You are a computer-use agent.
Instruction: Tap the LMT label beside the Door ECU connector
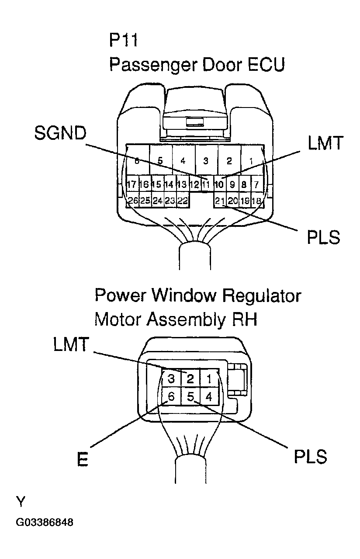[x=325, y=143]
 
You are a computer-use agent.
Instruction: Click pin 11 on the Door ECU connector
[x=206, y=184]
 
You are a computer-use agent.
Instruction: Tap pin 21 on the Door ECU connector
[x=220, y=200]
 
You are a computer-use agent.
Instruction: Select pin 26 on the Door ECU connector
[x=133, y=200]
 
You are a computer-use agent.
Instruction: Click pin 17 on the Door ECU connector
[x=132, y=184]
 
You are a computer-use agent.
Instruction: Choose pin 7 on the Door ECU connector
[x=257, y=184]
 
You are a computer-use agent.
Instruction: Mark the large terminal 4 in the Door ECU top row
[x=183, y=161]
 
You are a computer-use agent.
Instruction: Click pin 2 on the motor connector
[x=190, y=378]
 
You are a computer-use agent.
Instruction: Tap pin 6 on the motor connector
[x=171, y=396]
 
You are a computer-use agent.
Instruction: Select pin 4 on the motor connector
[x=209, y=396]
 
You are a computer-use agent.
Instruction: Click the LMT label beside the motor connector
[x=71, y=344]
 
